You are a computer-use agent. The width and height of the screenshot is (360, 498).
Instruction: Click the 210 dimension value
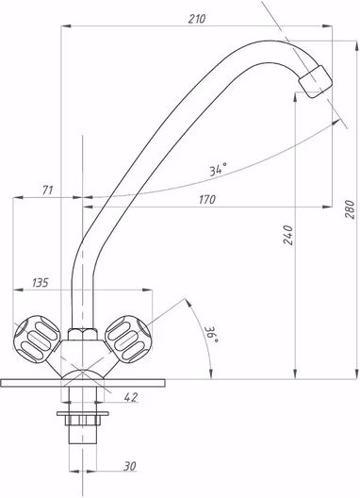pos(197,19)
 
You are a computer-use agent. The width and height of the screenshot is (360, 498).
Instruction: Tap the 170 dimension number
pos(207,200)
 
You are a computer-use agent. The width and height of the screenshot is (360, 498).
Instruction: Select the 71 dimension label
pos(48,191)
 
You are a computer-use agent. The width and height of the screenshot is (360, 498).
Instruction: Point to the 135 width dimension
pos(41,282)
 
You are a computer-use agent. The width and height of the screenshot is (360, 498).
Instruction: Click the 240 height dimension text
pos(288,235)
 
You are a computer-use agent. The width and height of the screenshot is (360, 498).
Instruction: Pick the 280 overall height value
pos(350,209)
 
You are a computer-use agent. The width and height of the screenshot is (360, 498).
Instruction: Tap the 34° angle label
pos(219,170)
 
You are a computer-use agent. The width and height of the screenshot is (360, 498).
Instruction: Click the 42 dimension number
pos(131,397)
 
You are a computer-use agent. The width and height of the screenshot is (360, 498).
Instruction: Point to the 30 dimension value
pos(130,466)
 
